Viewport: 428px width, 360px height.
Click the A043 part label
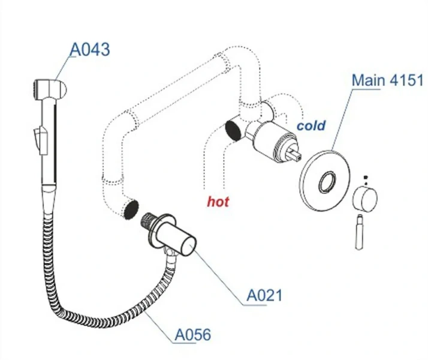(x=90, y=49)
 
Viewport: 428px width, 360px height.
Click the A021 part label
(x=264, y=295)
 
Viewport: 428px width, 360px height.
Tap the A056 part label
(x=193, y=334)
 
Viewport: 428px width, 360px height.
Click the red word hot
(x=218, y=202)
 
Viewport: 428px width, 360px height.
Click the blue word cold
(x=311, y=125)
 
